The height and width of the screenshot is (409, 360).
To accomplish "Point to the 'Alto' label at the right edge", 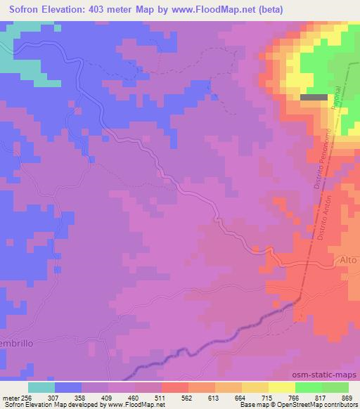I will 349,259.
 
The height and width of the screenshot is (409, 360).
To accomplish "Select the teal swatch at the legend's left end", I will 41,387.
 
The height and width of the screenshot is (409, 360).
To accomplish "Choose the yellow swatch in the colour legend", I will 282,387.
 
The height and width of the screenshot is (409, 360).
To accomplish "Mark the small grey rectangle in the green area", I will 314,98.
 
